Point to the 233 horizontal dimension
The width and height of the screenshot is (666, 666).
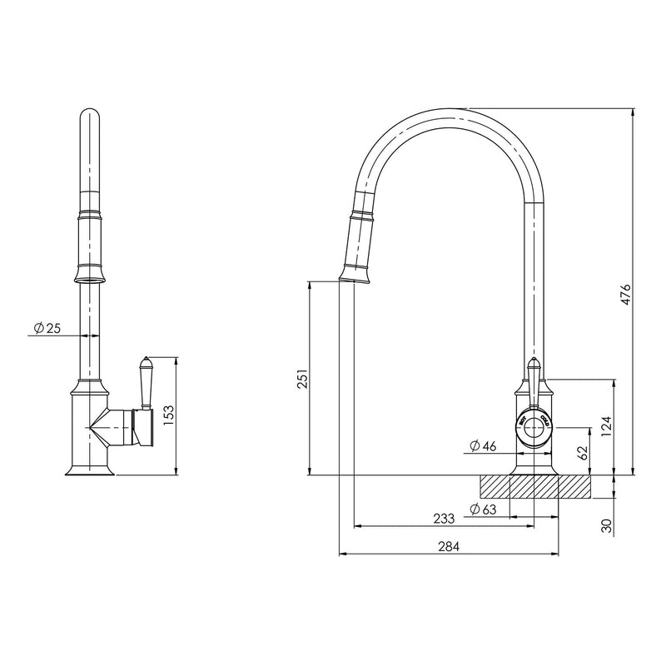444,519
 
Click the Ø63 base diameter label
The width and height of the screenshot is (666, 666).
484,509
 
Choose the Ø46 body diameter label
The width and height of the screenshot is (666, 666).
483,446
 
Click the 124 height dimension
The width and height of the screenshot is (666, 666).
607,426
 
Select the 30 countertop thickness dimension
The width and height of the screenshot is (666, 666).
607,525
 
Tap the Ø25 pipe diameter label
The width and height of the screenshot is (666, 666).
47,329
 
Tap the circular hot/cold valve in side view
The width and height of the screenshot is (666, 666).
534,425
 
